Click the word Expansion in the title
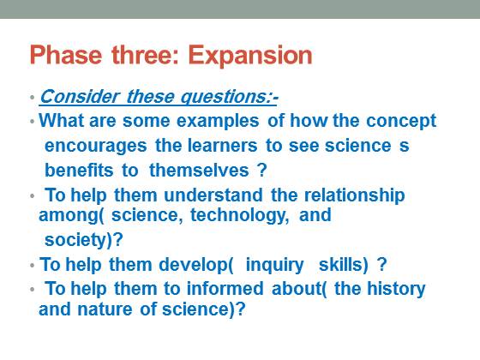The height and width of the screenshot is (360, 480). [x=250, y=56]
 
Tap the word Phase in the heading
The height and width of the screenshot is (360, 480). [x=66, y=55]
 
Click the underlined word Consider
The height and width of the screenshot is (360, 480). [x=79, y=96]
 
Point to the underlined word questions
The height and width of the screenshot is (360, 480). [x=225, y=98]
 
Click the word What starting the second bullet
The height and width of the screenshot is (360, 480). [x=61, y=120]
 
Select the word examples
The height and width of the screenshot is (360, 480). [x=218, y=121]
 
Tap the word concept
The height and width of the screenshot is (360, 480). [x=401, y=121]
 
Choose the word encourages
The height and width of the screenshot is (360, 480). [x=96, y=146]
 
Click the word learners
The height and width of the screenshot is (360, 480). [x=222, y=146]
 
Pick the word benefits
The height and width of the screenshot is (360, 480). [x=79, y=170]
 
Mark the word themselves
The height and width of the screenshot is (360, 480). [x=199, y=170]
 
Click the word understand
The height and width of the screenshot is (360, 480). [x=213, y=195]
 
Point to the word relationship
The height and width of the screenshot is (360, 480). [x=355, y=196]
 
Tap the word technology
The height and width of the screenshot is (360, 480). [x=239, y=215]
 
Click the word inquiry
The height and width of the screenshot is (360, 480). [x=274, y=266]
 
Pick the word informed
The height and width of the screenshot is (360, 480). [x=225, y=288]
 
